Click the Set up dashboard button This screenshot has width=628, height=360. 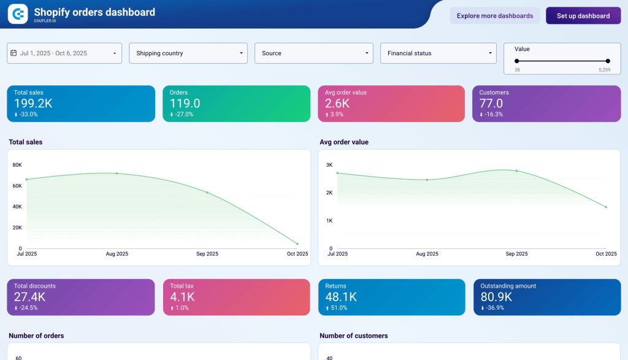583,16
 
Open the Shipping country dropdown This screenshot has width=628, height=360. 188,53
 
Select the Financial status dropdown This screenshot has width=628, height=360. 438,53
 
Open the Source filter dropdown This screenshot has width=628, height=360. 313,53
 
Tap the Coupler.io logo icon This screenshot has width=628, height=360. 18,13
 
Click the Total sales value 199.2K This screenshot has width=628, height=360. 33,104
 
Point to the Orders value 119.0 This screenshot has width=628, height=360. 185,104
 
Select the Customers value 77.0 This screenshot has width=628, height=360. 491,104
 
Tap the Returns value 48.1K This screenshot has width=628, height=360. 342,297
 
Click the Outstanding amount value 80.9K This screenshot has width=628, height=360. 496,297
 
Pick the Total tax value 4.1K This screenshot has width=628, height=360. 183,297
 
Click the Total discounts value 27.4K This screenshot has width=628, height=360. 30,297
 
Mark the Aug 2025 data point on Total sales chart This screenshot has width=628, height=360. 117,174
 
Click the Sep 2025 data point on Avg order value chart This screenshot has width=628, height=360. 516,170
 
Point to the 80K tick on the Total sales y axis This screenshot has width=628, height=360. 17,165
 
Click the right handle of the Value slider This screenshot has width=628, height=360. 608,61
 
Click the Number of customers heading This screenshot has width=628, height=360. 353,336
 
